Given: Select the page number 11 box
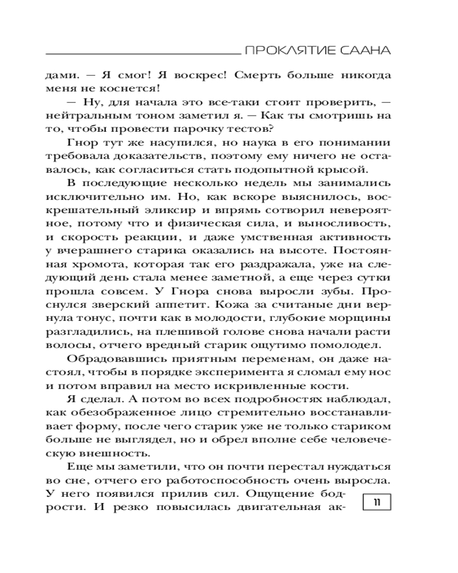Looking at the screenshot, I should (x=377, y=502).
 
